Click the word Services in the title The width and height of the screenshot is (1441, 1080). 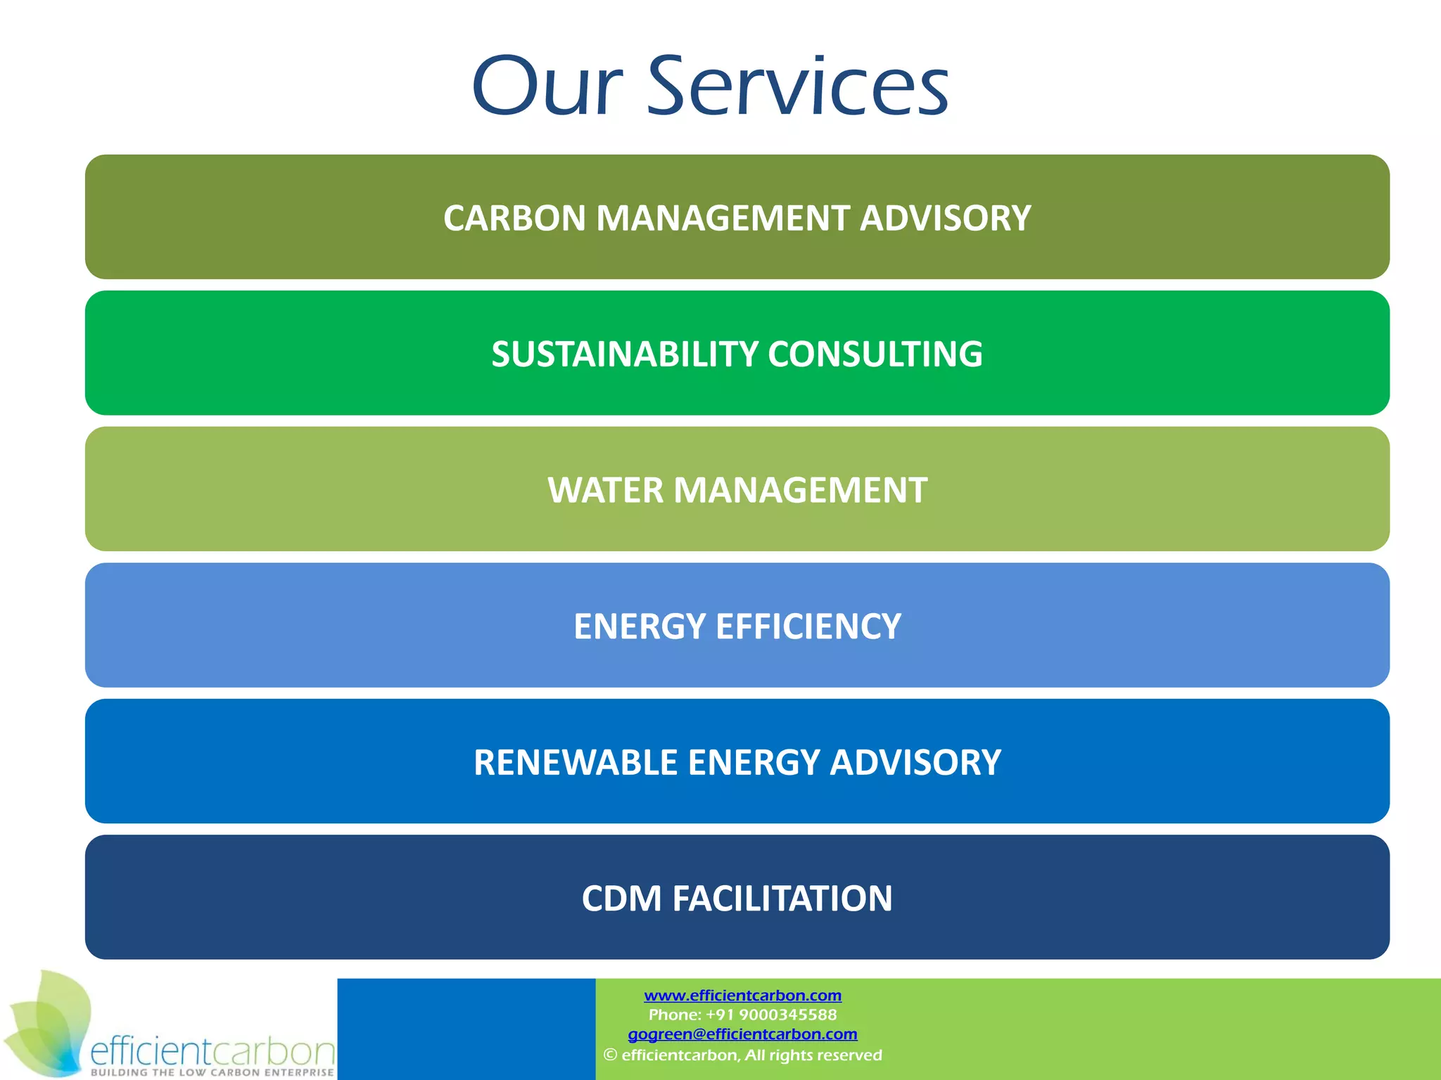(798, 87)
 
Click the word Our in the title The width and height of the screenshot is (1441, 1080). (548, 87)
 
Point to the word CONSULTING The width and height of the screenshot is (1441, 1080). (875, 354)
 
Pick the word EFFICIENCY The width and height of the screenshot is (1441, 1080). (808, 626)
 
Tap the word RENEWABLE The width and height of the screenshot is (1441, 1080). (576, 762)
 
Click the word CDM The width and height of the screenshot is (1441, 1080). (621, 899)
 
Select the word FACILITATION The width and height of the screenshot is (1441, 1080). (782, 899)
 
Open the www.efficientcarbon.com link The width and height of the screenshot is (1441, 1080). (742, 995)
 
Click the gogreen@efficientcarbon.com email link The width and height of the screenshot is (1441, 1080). (742, 1034)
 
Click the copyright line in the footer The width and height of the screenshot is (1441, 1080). (742, 1055)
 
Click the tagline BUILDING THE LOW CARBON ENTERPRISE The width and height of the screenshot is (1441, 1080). (212, 1072)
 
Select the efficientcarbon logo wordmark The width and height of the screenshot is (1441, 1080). (212, 1050)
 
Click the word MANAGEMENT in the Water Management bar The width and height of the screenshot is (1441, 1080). (800, 490)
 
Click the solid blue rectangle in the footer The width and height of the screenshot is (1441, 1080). (466, 1029)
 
